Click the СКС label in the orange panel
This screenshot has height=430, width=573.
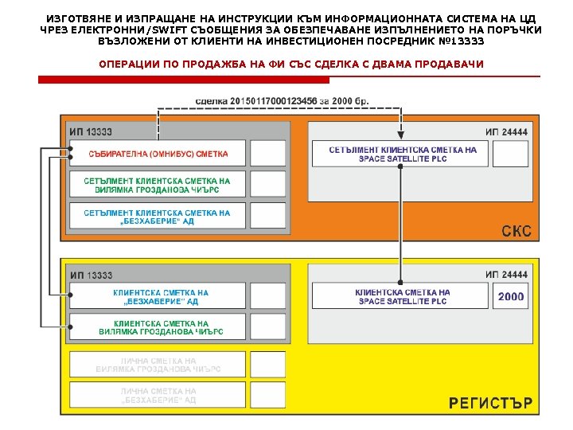tap(516, 232)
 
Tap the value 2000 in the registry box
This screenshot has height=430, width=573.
tap(511, 296)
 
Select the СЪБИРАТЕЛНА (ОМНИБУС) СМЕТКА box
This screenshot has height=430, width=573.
tap(158, 154)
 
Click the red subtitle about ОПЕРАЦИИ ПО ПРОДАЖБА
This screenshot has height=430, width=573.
tap(290, 64)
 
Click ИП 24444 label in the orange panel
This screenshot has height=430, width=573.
tap(506, 132)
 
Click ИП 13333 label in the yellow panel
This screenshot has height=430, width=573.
tap(91, 276)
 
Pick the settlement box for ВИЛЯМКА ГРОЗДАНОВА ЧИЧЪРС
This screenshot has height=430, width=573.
tap(158, 185)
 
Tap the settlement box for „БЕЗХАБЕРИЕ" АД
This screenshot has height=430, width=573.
tap(158, 217)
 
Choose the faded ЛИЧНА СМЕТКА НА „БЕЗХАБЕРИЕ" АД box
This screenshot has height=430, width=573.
tap(158, 396)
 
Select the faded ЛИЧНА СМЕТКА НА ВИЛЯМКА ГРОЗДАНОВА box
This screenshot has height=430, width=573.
tap(158, 365)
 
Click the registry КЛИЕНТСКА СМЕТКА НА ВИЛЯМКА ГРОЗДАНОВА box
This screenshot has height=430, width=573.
tap(158, 327)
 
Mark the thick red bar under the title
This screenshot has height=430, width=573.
tap(184, 80)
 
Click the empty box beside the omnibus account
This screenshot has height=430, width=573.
tap(267, 154)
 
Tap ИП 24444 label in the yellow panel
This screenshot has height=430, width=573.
tap(506, 276)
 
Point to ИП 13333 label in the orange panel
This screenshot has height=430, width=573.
tap(91, 132)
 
